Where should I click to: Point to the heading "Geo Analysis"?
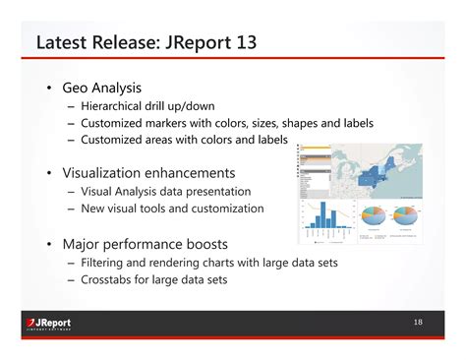[x=102, y=87]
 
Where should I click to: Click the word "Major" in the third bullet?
[x=83, y=243]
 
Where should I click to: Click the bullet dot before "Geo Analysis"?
[x=47, y=87]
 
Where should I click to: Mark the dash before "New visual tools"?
[x=72, y=209]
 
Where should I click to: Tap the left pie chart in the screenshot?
[x=376, y=217]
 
